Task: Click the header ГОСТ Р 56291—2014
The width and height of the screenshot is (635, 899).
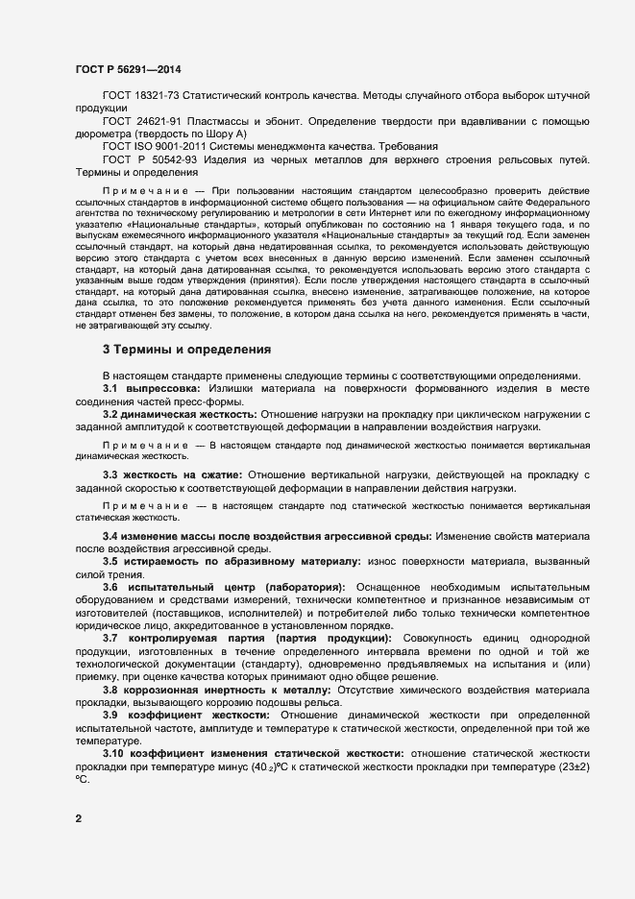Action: (127, 69)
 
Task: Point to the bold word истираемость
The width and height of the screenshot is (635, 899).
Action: (171, 559)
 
